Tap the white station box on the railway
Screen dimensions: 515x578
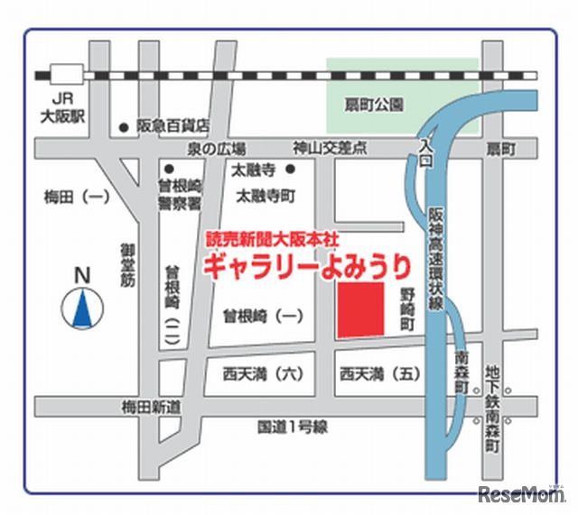(65, 74)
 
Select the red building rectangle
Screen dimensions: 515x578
(360, 309)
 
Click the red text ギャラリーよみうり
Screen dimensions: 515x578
(306, 265)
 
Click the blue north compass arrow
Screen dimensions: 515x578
(82, 308)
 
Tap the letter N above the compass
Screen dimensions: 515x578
(82, 274)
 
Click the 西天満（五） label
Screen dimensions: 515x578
(380, 372)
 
